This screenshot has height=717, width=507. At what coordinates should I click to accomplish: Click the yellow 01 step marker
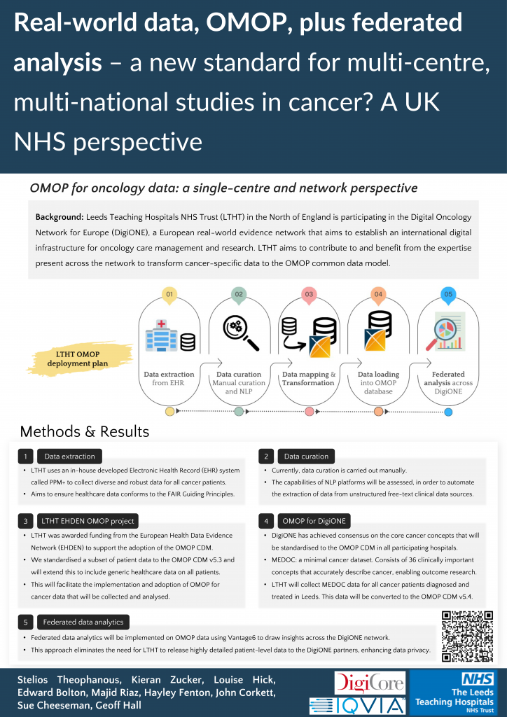(169, 295)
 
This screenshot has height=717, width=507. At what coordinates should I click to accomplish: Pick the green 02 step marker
(239, 295)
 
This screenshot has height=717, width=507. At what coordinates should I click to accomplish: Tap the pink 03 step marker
(309, 295)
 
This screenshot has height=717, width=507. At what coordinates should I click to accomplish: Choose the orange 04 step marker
(378, 295)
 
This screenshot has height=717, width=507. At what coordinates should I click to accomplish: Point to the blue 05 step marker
(448, 295)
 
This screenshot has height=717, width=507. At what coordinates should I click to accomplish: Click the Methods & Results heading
(84, 431)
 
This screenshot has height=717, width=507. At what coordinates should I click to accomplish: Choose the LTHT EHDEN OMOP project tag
(88, 521)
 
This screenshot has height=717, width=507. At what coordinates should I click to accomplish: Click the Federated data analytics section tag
(83, 622)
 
